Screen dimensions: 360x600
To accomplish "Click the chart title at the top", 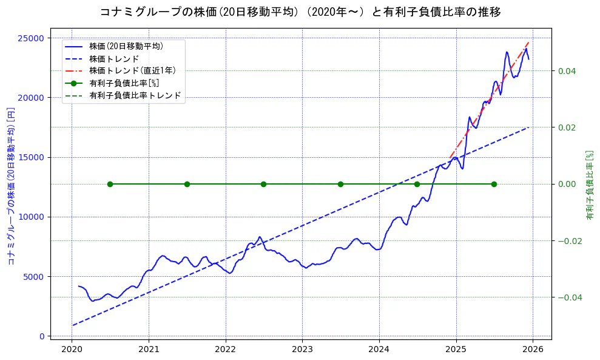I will (x=300, y=12).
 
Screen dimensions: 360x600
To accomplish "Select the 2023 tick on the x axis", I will (x=302, y=348).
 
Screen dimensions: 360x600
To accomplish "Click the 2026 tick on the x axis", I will (x=532, y=348).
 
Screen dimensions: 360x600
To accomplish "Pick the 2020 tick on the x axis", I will (x=72, y=348).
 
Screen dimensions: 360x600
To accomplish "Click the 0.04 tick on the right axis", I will (x=567, y=71).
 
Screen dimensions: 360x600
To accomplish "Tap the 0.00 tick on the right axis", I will (x=567, y=184).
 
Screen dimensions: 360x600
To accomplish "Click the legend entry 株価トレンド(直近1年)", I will (x=126, y=70).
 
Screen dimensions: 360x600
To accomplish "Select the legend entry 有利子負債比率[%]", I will (x=124, y=83).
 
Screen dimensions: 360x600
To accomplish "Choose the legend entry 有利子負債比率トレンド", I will (x=135, y=95).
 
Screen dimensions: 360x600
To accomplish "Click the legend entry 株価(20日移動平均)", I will (x=126, y=46).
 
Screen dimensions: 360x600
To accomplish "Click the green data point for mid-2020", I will (x=110, y=184).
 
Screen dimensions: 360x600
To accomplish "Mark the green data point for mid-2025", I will (x=494, y=184).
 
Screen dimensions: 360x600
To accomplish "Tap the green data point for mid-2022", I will (x=263, y=184).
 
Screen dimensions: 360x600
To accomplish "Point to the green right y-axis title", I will (x=589, y=185).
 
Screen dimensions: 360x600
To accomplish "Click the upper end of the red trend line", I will (x=528, y=42).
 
